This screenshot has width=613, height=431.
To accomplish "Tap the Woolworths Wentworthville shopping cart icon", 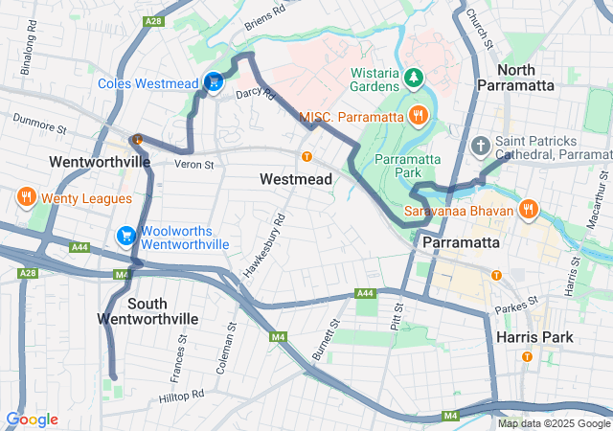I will (x=126, y=236).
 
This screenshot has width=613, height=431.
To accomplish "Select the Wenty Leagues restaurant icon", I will (x=25, y=198).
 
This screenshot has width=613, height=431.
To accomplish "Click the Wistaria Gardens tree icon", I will (x=414, y=77).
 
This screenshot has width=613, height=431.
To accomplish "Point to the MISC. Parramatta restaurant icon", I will (x=418, y=117).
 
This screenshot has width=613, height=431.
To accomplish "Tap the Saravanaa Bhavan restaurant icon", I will (x=528, y=209).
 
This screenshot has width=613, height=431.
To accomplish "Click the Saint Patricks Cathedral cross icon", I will (x=481, y=147).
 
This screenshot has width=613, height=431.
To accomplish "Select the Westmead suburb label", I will (x=296, y=179).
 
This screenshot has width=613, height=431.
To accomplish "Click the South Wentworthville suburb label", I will (x=148, y=310).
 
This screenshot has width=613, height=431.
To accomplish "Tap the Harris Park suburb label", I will (x=534, y=337).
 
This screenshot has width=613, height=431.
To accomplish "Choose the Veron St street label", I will (x=193, y=165).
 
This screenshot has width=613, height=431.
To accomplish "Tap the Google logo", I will (x=32, y=420).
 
